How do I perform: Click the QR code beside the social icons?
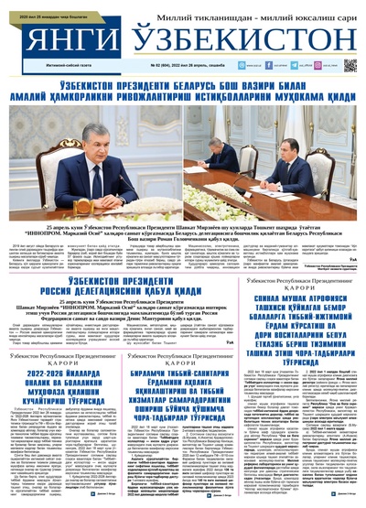coord(350,66)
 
